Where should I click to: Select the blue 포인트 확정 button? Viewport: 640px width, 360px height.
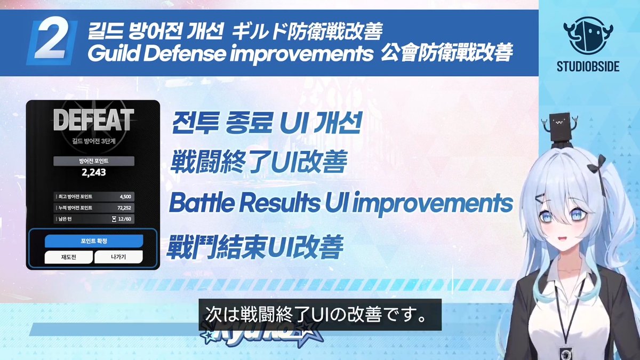93,241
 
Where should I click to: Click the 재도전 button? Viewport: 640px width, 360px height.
68,257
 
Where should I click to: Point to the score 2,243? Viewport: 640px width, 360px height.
93,172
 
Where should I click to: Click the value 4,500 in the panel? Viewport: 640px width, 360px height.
125,196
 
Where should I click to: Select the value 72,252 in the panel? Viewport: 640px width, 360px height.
124,207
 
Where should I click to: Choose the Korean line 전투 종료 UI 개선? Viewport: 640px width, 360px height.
267,124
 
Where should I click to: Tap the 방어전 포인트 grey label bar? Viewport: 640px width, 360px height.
93,161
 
